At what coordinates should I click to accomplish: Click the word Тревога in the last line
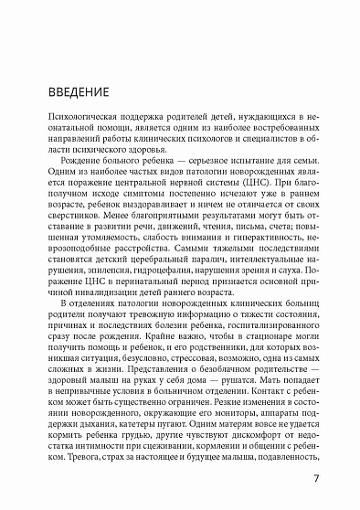point(79,458)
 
